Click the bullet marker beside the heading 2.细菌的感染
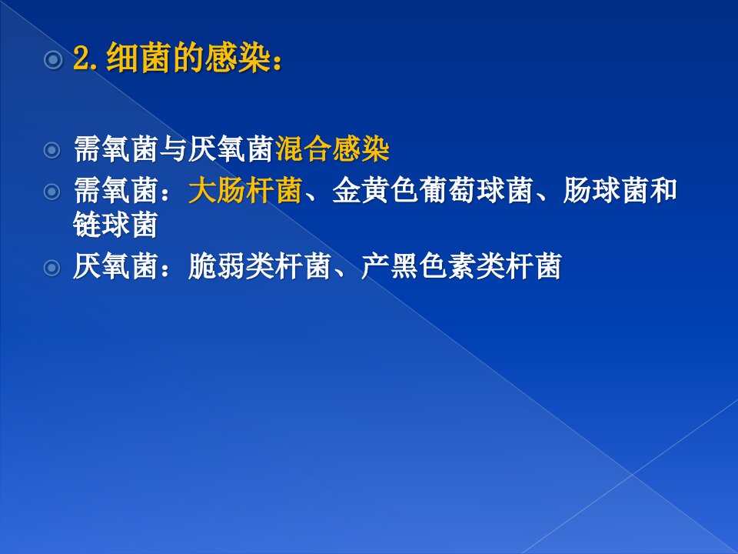click(x=53, y=60)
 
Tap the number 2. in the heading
click(x=85, y=58)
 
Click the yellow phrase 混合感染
click(x=332, y=149)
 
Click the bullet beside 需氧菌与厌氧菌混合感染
click(x=52, y=150)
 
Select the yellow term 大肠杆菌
click(x=244, y=190)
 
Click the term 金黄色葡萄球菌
click(x=433, y=190)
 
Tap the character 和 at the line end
click(x=663, y=190)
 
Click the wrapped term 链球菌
click(x=115, y=224)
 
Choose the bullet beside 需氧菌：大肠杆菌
click(x=52, y=192)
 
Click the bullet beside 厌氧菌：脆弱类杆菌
click(x=52, y=268)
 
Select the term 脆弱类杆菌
click(x=259, y=266)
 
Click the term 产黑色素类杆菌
click(x=460, y=266)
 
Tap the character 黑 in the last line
click(x=404, y=266)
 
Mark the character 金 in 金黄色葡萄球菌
click(x=347, y=190)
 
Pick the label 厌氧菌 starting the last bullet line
click(x=115, y=266)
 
